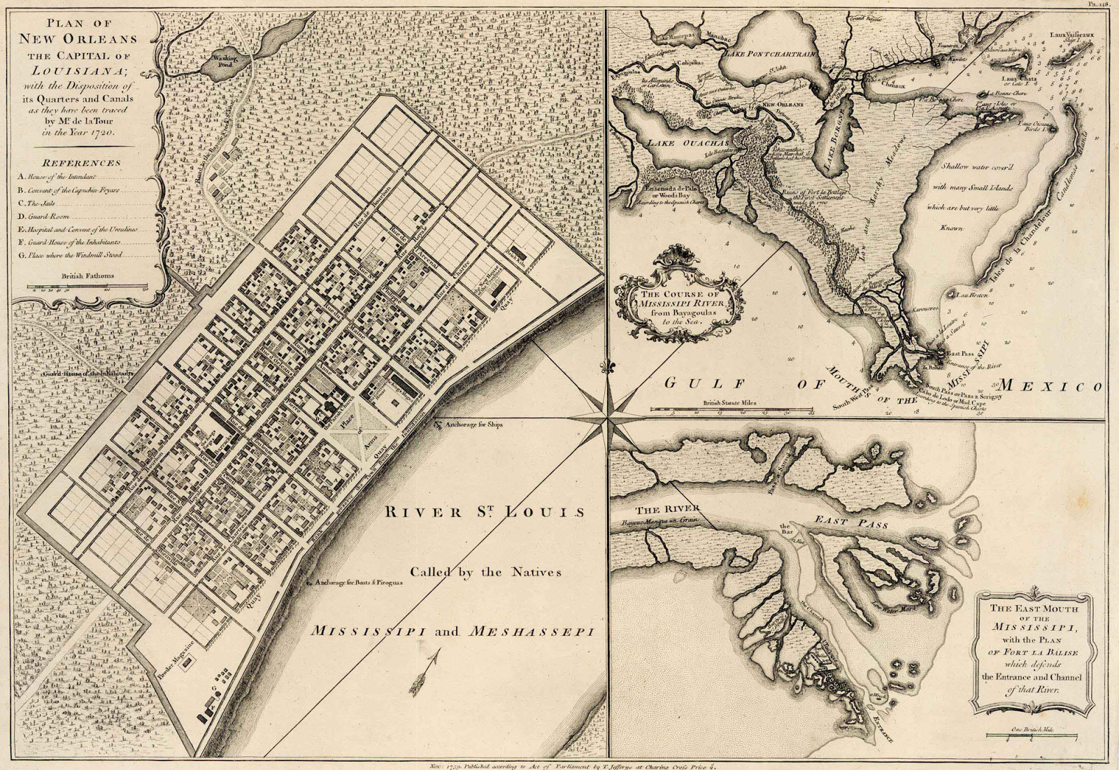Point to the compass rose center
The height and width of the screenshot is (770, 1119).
coord(606,418)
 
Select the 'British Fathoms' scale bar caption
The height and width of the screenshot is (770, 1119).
coord(87,276)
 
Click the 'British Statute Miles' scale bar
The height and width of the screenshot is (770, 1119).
coord(731,409)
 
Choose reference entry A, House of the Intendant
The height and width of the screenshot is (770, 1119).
coord(59,178)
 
